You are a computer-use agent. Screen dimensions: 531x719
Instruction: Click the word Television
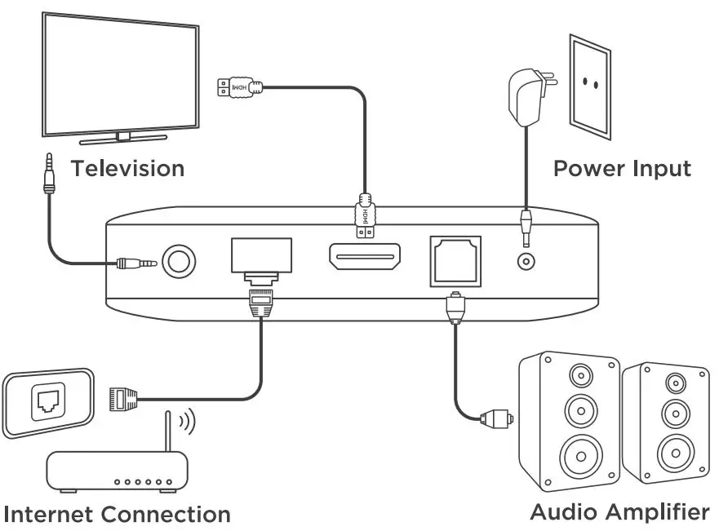point(127,169)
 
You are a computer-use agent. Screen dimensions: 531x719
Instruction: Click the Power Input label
point(622,169)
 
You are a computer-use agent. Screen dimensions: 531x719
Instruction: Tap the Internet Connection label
point(118,515)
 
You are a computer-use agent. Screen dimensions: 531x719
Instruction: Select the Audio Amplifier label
point(619,512)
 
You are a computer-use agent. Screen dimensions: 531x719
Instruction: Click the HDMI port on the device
point(364,259)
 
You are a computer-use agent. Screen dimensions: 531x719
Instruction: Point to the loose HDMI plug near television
point(239,86)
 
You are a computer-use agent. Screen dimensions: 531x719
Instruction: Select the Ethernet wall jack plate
point(47,400)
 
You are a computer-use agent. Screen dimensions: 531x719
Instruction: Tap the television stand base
point(122,135)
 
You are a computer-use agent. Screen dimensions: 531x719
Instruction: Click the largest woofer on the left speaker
point(579,451)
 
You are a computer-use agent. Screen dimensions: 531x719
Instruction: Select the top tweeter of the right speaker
point(674,382)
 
